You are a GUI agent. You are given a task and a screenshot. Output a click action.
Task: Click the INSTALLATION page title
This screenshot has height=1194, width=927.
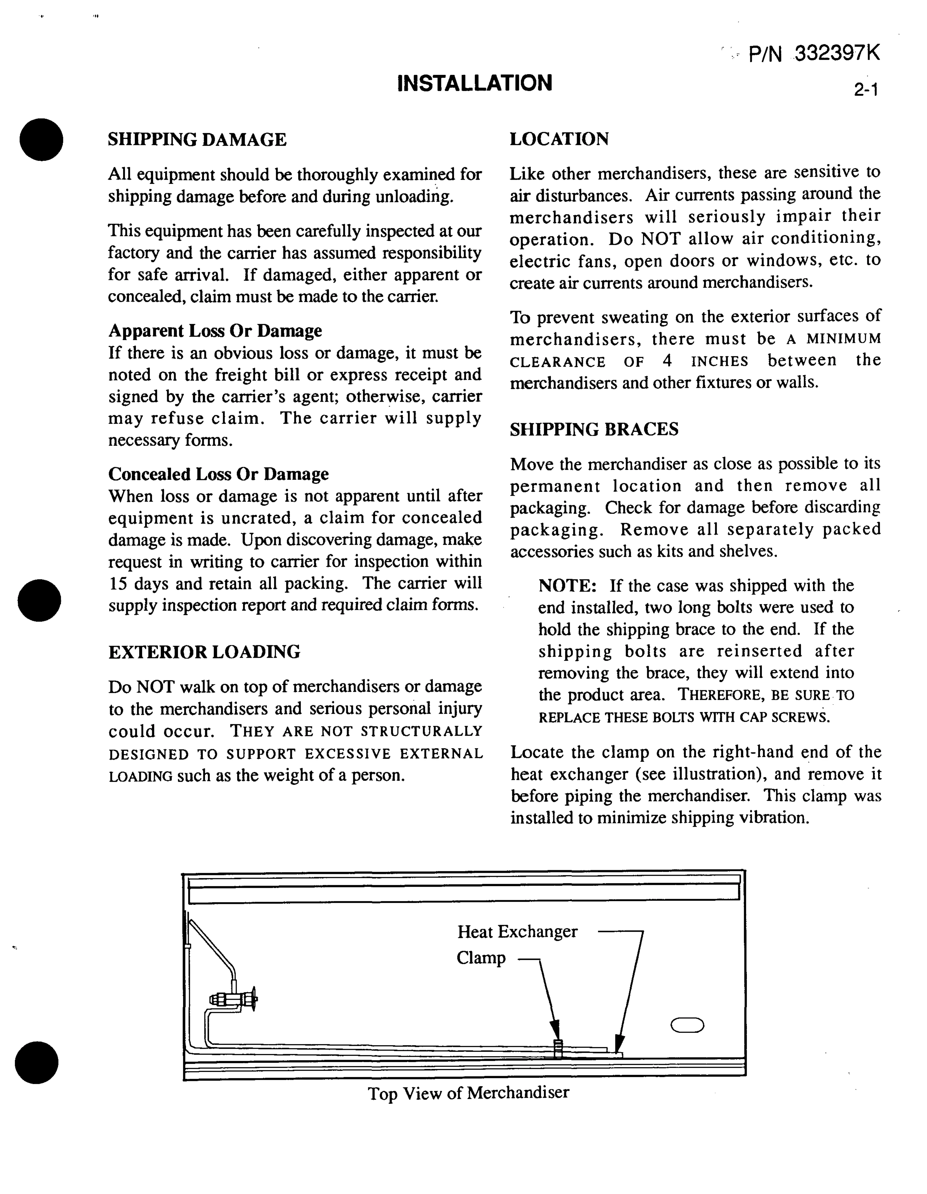click(x=474, y=83)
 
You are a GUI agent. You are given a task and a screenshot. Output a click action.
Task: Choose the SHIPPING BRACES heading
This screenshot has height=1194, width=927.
click(x=594, y=429)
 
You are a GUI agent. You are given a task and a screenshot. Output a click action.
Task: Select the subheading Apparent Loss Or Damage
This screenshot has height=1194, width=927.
click(x=215, y=331)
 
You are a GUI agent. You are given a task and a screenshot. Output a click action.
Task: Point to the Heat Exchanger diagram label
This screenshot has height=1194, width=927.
click(x=517, y=932)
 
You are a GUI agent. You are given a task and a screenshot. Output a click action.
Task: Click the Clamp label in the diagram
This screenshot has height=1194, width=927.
click(x=481, y=958)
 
